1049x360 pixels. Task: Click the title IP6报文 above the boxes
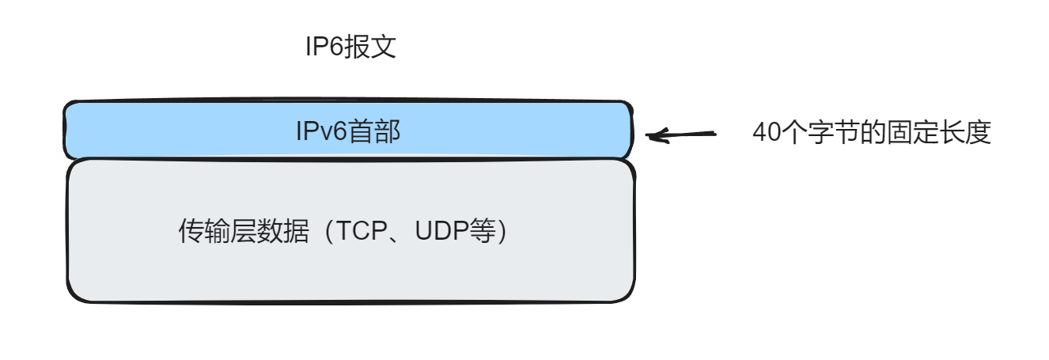point(350,47)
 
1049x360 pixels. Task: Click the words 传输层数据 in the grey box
point(244,232)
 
